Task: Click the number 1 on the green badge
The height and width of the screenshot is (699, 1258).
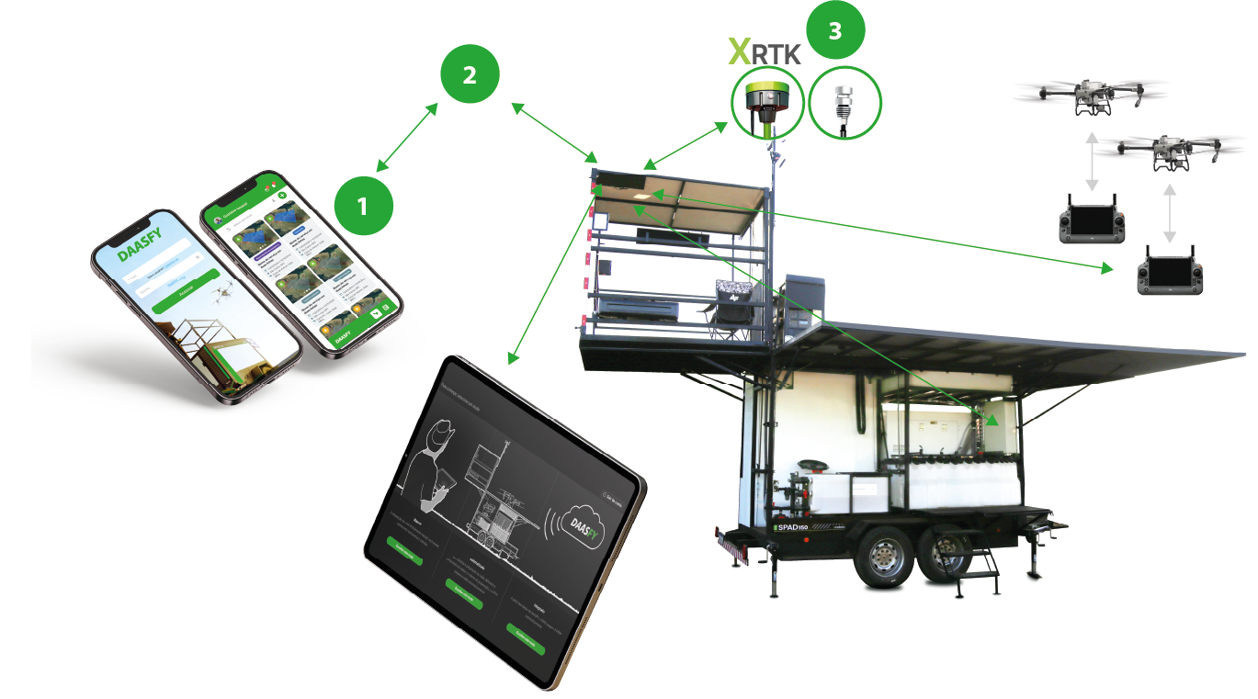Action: [362, 207]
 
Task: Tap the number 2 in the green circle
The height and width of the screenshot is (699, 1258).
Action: [470, 75]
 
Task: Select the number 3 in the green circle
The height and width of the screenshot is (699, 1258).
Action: [834, 30]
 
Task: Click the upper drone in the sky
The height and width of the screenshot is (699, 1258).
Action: [1091, 95]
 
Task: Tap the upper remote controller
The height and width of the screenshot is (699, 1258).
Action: [1091, 220]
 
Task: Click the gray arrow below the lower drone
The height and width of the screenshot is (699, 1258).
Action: [1169, 209]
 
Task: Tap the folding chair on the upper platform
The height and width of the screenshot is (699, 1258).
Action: [735, 304]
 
